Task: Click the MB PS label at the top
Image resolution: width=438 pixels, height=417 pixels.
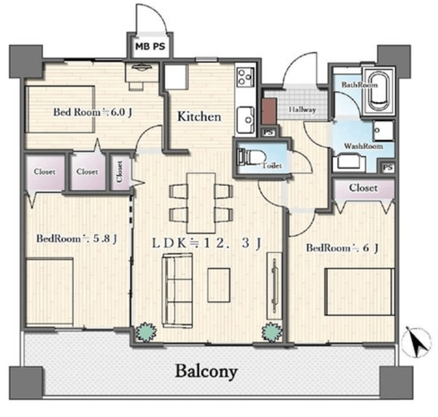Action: tap(151, 46)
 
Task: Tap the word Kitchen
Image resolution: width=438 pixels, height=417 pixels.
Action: tap(199, 116)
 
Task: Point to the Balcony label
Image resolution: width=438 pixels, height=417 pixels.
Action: tap(207, 372)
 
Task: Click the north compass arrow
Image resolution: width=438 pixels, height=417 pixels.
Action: tap(415, 342)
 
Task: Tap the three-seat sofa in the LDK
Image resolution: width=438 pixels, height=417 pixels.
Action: tap(177, 291)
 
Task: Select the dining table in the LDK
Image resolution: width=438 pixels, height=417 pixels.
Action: tap(201, 203)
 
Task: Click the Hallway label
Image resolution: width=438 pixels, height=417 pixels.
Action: tap(302, 109)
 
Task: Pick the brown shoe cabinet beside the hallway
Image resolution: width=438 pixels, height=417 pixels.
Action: tap(269, 111)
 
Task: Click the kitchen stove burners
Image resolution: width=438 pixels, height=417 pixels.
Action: tap(245, 77)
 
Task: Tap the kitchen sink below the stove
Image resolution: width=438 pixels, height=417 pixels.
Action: tap(246, 120)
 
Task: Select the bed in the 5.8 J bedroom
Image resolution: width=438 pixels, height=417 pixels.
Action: tap(49, 292)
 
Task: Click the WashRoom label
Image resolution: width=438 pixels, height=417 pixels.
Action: tap(363, 146)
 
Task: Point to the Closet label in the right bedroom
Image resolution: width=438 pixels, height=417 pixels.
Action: tap(363, 188)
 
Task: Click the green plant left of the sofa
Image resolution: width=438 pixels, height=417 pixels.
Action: tap(146, 332)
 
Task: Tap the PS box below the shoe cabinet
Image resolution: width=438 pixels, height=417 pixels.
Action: tap(268, 133)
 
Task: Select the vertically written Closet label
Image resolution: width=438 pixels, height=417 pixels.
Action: tap(120, 172)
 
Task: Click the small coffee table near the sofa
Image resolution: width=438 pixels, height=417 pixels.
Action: tap(219, 285)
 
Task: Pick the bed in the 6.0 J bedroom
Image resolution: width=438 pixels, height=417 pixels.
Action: tap(60, 109)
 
